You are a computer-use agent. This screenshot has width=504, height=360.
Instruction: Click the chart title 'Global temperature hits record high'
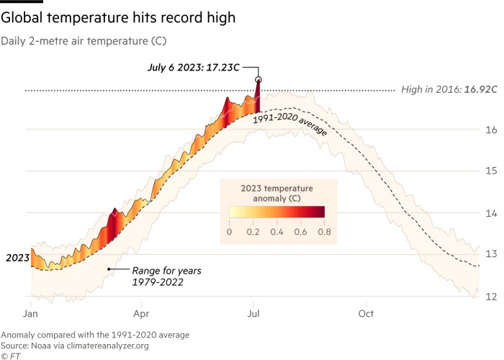pos(120,15)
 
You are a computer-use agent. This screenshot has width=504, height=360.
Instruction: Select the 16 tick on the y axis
pos(490,130)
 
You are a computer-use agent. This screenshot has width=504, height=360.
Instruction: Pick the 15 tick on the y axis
pos(490,171)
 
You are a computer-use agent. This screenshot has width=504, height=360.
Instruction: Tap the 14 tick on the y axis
pos(490,213)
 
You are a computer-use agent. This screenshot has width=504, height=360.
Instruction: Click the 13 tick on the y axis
pos(490,254)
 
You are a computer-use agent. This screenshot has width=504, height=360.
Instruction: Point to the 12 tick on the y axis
pos(490,296)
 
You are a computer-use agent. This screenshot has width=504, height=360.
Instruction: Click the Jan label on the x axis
pos(30,314)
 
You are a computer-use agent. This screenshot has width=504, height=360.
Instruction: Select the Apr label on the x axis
pos(141,314)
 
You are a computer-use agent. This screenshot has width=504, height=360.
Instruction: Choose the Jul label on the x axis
pos(253,314)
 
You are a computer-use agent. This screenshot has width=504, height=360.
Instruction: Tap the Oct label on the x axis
pos(366,314)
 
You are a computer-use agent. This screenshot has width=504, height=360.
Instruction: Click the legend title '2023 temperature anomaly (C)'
pos(276,193)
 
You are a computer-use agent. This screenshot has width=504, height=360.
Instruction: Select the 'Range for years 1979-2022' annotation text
pos(157,276)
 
